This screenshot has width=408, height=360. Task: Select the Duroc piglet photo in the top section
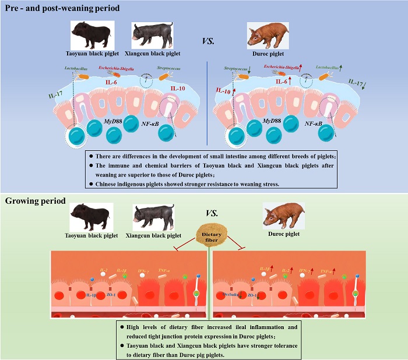pos(265,34)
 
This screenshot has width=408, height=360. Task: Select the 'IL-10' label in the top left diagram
pos(178,89)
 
